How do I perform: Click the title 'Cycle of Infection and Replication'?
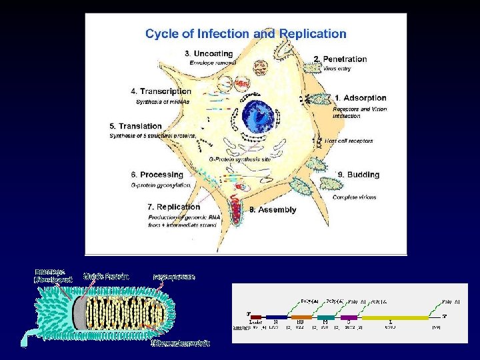coord(246,33)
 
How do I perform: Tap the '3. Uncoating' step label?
coord(209,53)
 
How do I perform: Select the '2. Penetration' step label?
coord(340,59)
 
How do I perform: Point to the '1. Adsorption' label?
coord(360,98)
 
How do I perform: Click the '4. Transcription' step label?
coord(161,91)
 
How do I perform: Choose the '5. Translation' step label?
coord(136,126)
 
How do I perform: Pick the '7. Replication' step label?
coord(174,207)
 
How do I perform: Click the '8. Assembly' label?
coord(273,209)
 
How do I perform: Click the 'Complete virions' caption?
coord(354,197)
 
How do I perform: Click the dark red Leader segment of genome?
coord(256,317)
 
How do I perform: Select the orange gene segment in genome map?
coord(301,317)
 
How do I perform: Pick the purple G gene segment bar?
coord(349,317)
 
